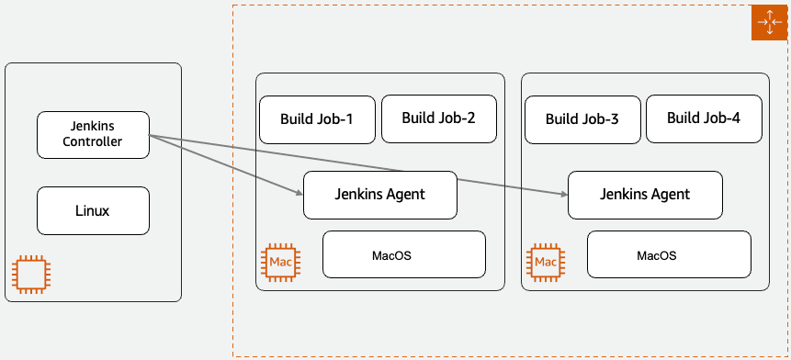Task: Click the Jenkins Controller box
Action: click(94, 135)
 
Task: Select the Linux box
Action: click(94, 210)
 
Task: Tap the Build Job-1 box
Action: click(317, 119)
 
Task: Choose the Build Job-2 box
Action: click(439, 119)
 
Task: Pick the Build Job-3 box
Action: click(582, 119)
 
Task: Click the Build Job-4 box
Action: click(705, 119)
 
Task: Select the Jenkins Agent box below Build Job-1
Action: click(380, 195)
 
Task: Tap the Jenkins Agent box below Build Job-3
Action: click(645, 195)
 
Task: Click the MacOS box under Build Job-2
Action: click(404, 254)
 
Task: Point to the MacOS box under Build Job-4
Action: click(669, 254)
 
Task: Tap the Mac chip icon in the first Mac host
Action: click(280, 263)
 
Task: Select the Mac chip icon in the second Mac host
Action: click(546, 263)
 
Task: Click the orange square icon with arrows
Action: click(769, 23)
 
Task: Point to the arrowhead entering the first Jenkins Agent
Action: click(299, 192)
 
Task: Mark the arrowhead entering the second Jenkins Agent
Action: click(564, 194)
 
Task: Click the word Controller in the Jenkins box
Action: click(92, 141)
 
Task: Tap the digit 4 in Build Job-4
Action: click(736, 118)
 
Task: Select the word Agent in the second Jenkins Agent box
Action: click(670, 195)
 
